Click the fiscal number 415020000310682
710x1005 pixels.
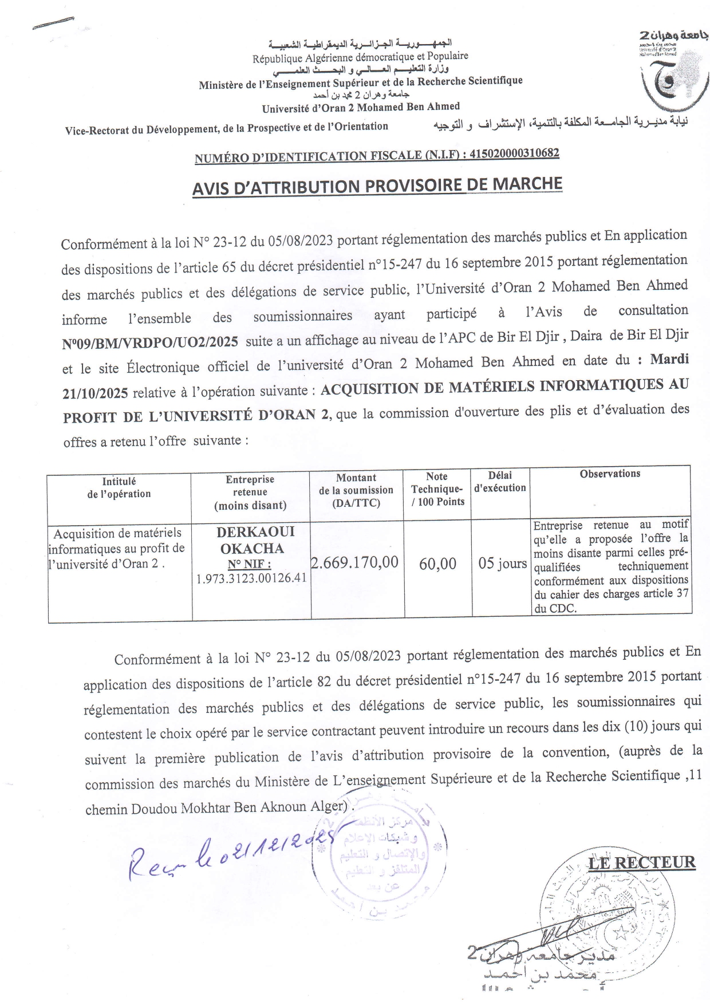tap(514, 153)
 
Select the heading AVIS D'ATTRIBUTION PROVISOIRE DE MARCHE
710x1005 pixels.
tap(377, 186)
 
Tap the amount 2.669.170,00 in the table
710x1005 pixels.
tap(354, 562)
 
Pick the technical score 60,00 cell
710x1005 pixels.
tap(437, 564)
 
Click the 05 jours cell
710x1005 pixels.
tap(502, 563)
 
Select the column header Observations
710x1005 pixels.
tap(610, 474)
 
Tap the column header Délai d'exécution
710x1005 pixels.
tap(500, 482)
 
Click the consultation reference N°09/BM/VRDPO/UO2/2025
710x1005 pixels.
tap(150, 342)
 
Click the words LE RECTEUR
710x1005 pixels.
tap(642, 862)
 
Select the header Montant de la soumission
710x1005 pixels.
tap(356, 490)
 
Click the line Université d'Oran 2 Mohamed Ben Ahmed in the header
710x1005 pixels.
tap(361, 107)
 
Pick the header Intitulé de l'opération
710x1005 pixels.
tap(119, 487)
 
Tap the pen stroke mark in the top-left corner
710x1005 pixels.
tap(53, 23)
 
